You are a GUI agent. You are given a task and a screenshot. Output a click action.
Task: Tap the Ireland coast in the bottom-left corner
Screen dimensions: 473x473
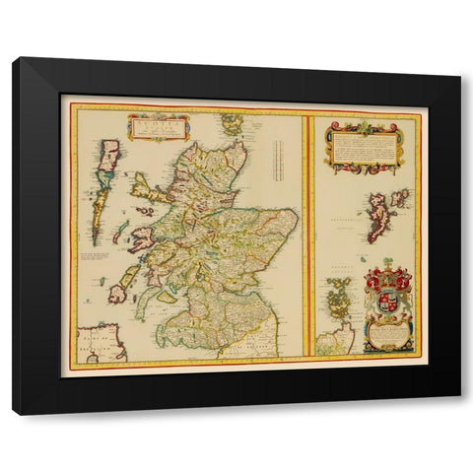tap(99, 343)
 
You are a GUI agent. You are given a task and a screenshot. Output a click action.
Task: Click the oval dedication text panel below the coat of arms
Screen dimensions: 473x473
tap(387, 337)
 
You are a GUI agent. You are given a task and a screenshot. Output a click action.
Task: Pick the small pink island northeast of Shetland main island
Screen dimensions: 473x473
tap(399, 196)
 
